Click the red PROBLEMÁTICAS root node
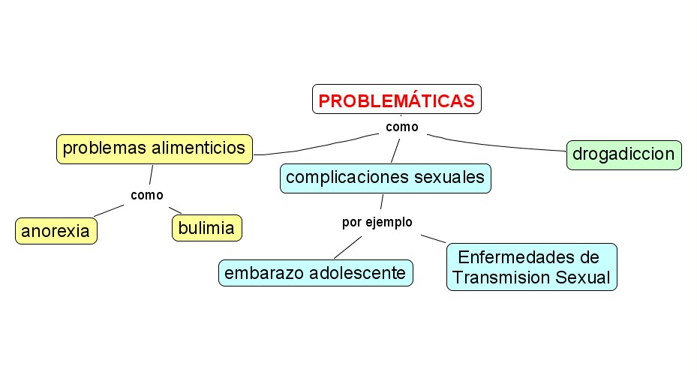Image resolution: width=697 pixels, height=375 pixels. coord(396,100)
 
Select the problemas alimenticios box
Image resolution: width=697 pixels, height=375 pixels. coord(155,148)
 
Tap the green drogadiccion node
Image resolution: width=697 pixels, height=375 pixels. coord(623,154)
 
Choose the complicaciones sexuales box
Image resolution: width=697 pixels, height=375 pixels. coord(386,178)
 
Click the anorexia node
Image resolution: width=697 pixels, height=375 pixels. coord(56,231)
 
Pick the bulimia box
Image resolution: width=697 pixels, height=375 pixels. coord(207,227)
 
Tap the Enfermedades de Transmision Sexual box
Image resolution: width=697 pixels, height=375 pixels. coord(531,267)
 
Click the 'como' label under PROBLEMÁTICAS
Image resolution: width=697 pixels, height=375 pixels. coord(401,127)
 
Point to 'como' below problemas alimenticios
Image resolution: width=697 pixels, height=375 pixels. coord(146,195)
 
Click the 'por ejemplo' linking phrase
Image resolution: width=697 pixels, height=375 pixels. coord(377,222)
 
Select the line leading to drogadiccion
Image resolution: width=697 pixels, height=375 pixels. coord(495,142)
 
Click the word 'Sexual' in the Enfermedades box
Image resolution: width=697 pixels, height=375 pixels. coord(584,277)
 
